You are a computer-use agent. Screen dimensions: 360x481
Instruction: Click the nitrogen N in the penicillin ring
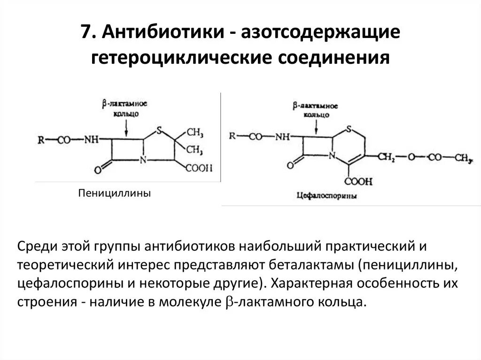tap(144, 160)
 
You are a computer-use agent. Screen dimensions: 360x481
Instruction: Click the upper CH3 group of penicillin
tap(195, 133)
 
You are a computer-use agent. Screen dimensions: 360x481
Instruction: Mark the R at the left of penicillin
tap(41, 139)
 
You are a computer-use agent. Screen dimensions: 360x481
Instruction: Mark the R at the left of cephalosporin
tap(233, 136)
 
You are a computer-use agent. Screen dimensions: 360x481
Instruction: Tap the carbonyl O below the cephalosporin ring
tap(290, 164)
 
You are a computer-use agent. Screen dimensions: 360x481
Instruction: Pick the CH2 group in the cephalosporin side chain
tap(387, 156)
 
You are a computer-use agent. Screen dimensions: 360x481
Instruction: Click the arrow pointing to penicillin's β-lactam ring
tap(126, 125)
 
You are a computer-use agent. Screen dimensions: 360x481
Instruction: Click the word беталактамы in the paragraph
tap(310, 265)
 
